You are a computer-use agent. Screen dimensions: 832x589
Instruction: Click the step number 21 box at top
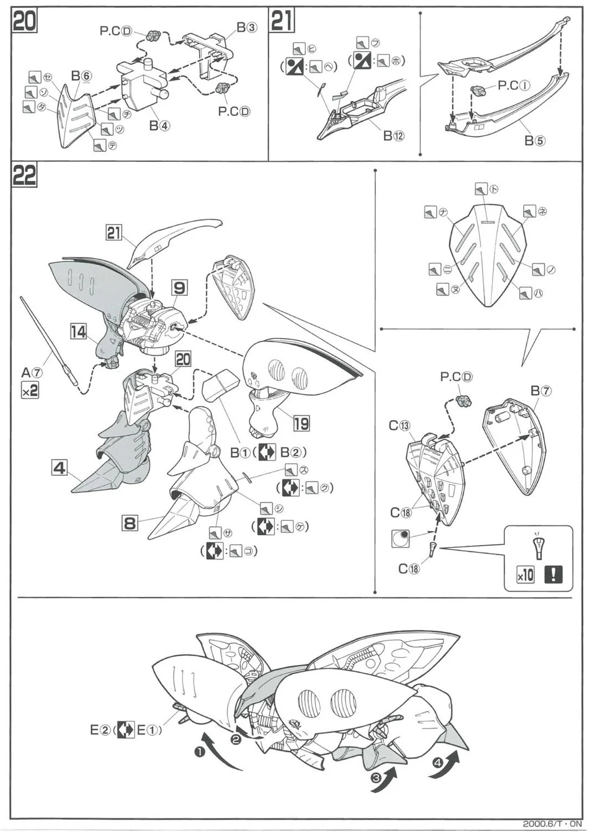click(282, 22)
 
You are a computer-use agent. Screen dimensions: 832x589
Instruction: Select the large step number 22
click(24, 176)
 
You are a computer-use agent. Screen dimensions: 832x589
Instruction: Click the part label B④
click(159, 126)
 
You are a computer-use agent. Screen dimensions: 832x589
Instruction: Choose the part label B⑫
click(395, 135)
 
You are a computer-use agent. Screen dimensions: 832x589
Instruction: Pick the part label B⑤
click(535, 140)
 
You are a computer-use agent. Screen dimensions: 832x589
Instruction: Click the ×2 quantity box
click(30, 390)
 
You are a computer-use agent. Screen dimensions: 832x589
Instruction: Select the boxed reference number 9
click(179, 287)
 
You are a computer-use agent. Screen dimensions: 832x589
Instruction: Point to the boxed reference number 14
click(79, 332)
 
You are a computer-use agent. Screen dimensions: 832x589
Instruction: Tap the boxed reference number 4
click(59, 468)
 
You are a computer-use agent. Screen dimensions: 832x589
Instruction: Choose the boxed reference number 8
click(130, 523)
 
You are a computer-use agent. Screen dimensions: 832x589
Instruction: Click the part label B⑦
click(541, 391)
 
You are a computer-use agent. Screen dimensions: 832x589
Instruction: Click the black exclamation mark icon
click(552, 574)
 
